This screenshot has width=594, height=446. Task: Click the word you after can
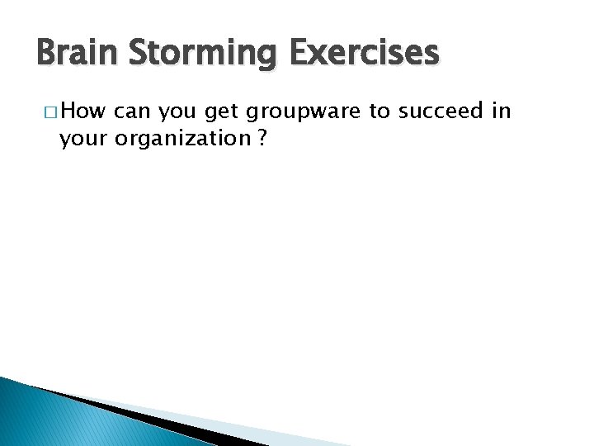(180, 111)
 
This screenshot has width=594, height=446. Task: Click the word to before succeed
(379, 111)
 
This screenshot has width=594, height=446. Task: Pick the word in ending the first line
(502, 111)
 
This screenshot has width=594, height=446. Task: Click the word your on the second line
(84, 138)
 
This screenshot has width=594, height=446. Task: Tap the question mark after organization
(262, 138)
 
